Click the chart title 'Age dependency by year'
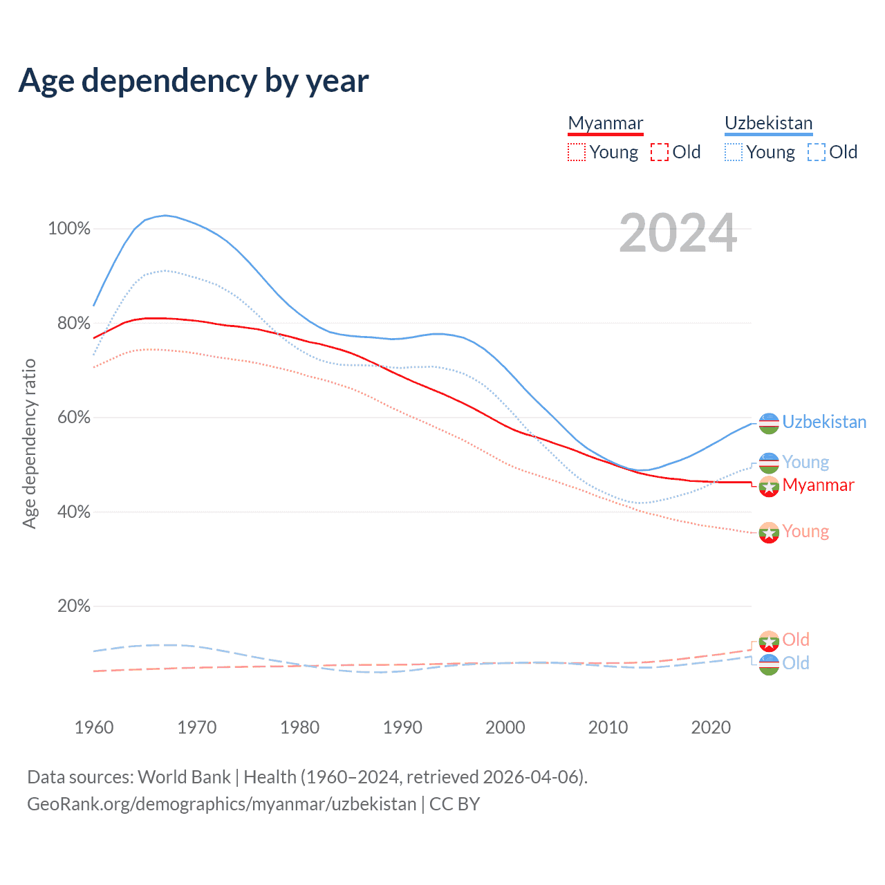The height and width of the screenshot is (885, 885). [194, 81]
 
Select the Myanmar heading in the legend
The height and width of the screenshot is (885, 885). [605, 123]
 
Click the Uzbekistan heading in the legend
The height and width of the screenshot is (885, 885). [768, 123]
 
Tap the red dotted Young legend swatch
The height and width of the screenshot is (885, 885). [576, 152]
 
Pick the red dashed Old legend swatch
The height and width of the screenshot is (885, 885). [660, 152]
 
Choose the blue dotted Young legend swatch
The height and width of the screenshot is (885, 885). [734, 152]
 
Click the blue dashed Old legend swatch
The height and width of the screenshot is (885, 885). [817, 152]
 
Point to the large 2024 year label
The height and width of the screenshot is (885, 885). [678, 233]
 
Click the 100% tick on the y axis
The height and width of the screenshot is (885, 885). [69, 229]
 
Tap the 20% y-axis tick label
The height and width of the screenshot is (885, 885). [74, 606]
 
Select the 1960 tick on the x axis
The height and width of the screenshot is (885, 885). [94, 727]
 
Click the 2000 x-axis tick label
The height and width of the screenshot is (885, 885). [505, 727]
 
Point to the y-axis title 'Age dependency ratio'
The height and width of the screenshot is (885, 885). [29, 443]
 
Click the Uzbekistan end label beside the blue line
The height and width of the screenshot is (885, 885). [824, 422]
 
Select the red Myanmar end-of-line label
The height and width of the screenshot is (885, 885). [819, 485]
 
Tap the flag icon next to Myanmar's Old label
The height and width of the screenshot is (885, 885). [769, 641]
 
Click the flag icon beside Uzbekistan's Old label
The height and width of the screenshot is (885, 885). [769, 664]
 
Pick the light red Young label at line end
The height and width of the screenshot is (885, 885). [805, 532]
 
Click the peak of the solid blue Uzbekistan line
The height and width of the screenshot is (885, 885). [165, 215]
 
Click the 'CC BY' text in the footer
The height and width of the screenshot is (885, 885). [454, 804]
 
